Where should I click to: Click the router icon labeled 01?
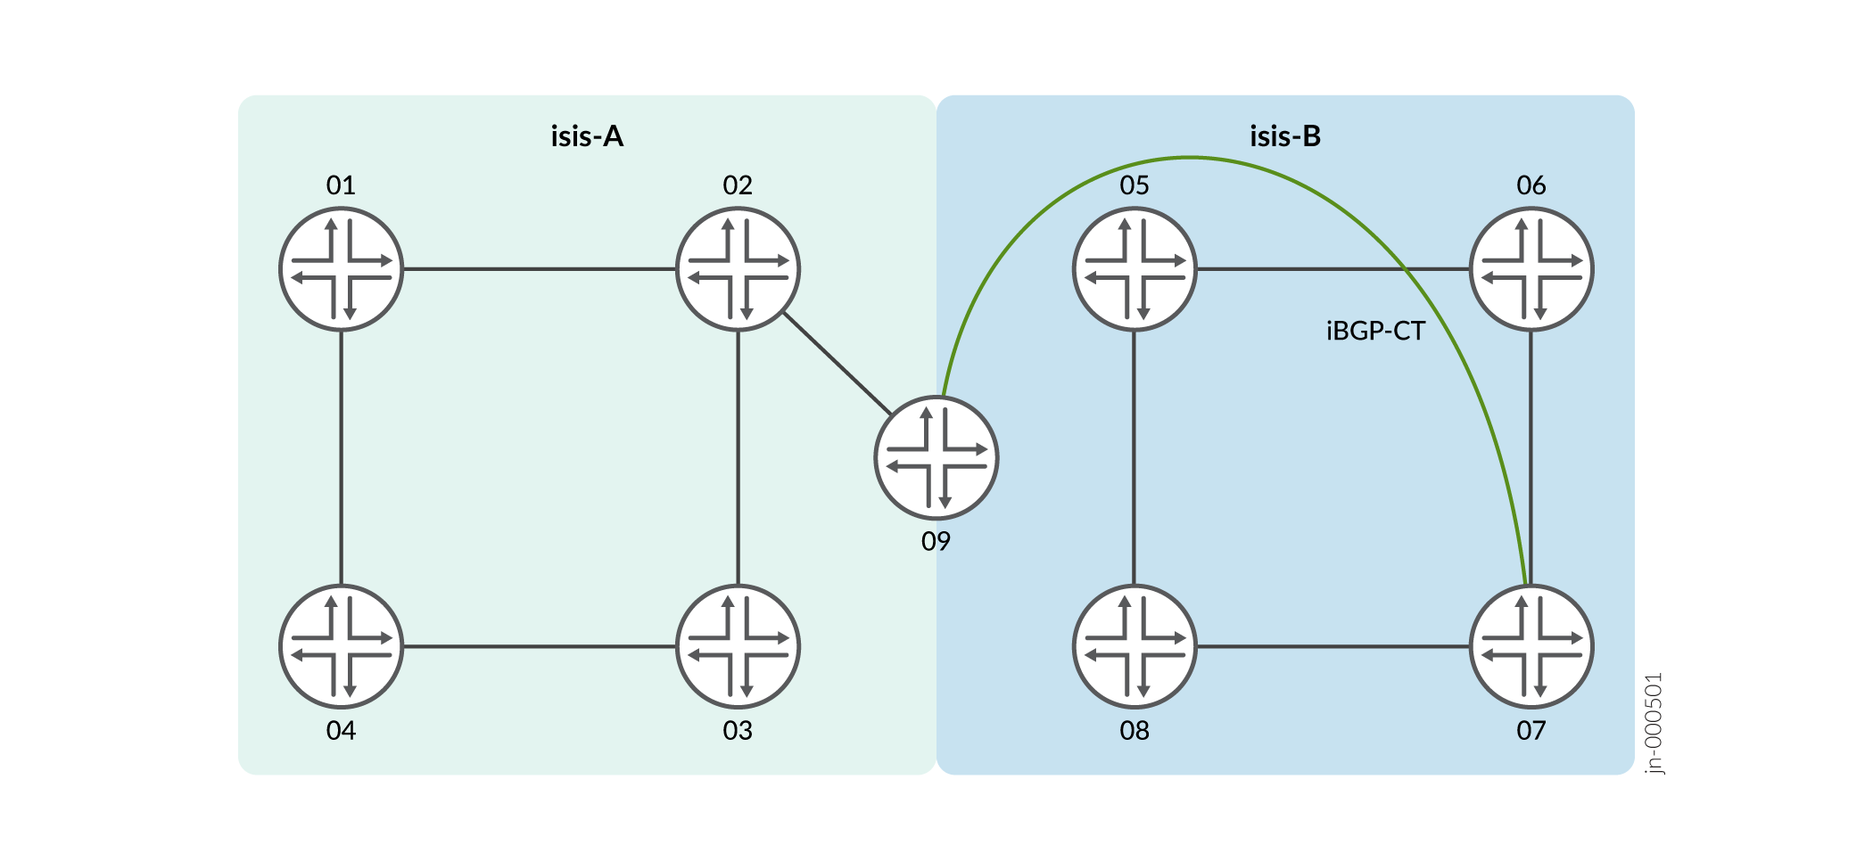342,269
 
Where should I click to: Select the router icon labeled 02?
738,269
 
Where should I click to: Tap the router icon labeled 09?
936,458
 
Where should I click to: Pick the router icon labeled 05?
1135,269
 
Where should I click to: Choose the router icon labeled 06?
1531,269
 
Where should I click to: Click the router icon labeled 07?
1531,646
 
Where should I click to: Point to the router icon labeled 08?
1135,646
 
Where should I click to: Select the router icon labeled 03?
738,646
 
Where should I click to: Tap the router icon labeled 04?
342,646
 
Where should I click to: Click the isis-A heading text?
587,136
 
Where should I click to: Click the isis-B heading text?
1285,136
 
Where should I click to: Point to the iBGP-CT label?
1375,332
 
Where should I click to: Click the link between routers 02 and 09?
837,364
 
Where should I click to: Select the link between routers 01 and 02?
540,269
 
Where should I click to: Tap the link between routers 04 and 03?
540,646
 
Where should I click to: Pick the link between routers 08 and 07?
1333,646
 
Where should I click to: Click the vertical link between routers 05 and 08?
1135,458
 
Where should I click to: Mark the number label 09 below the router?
936,541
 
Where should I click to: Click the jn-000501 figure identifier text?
1654,723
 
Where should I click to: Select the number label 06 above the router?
1531,185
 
